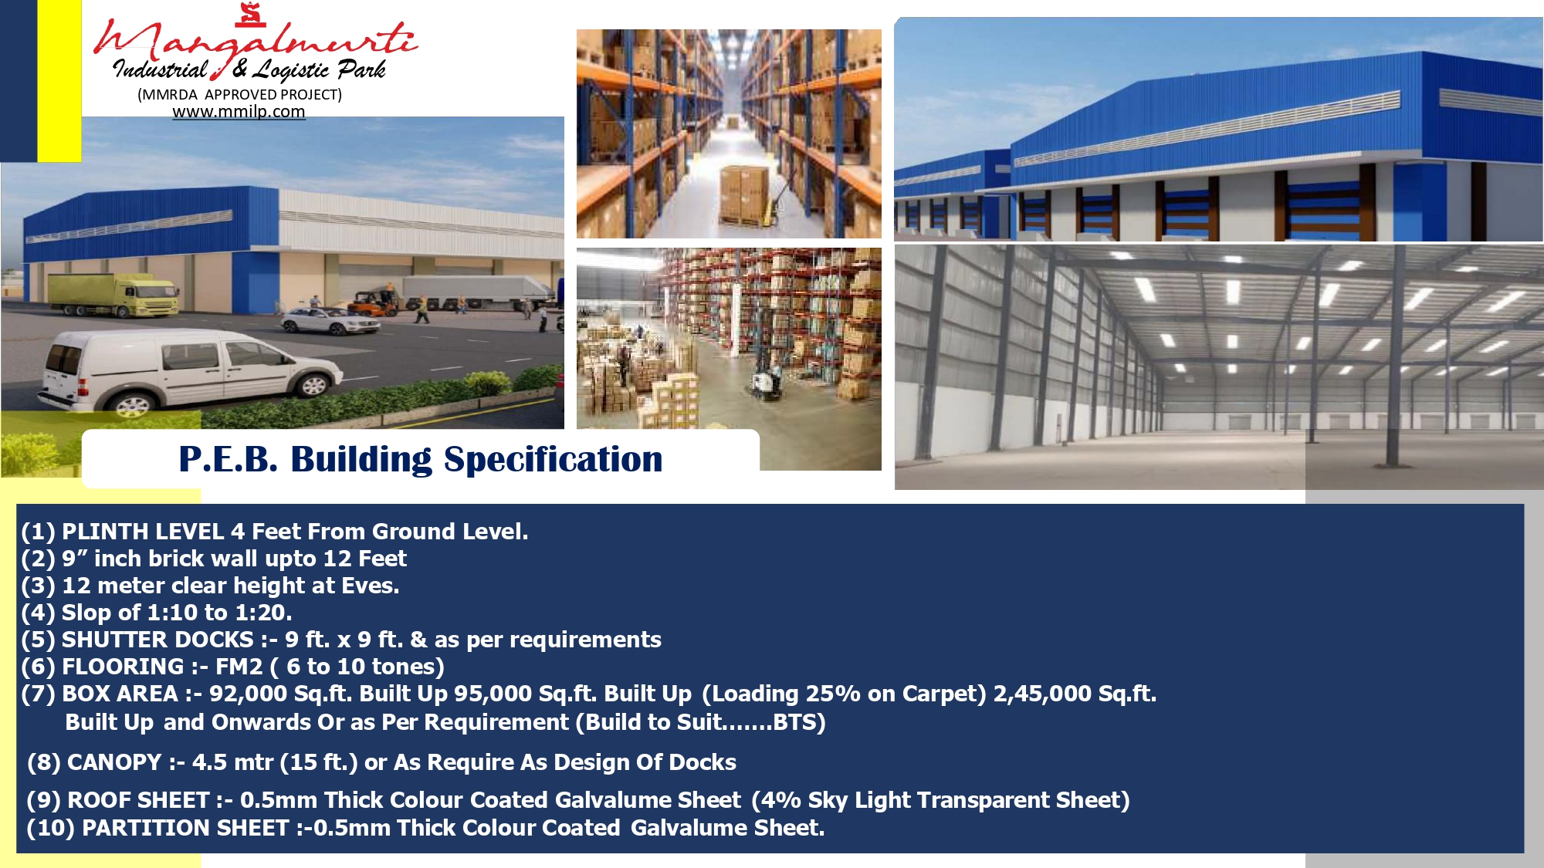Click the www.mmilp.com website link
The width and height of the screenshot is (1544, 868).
239,112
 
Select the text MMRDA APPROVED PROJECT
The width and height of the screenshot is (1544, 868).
239,94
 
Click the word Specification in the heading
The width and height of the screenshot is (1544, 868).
553,459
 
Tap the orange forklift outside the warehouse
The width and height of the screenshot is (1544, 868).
373,302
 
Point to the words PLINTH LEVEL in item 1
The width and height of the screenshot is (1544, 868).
143,532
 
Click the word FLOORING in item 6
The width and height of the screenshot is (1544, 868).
123,667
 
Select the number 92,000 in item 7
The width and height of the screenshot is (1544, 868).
249,694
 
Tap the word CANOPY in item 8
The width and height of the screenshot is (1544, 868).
114,762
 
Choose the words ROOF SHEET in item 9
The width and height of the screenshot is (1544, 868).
138,800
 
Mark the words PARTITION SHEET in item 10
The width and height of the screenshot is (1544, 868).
185,828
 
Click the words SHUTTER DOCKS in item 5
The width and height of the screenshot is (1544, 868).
157,640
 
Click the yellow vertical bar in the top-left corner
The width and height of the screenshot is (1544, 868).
59,80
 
